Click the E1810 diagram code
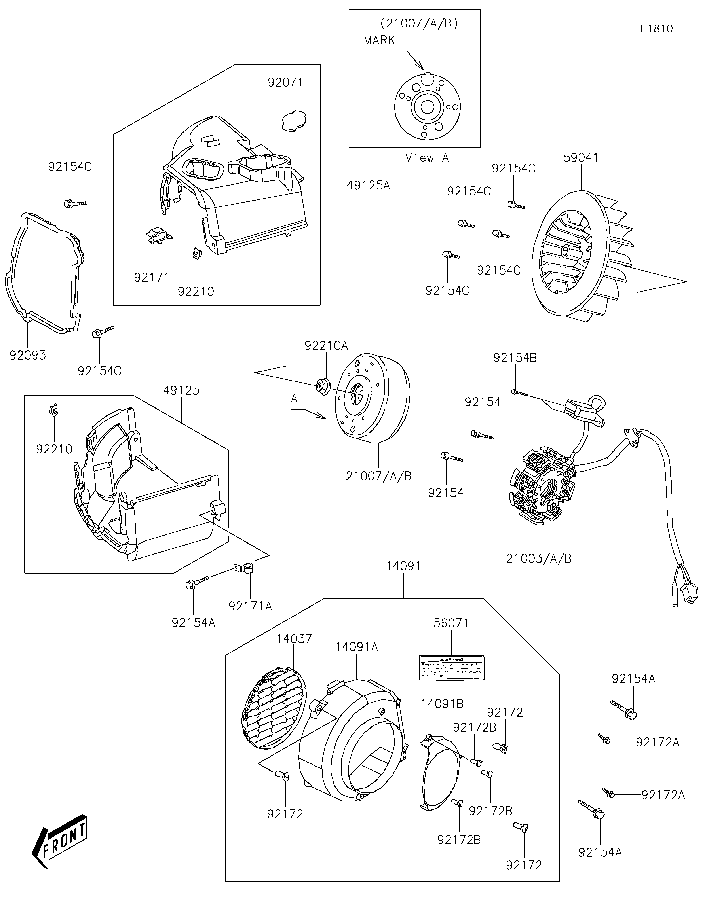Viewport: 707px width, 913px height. point(657,29)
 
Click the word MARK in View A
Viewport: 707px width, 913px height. point(379,40)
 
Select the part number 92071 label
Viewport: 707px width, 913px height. point(285,82)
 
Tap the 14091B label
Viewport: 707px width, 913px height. point(442,704)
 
